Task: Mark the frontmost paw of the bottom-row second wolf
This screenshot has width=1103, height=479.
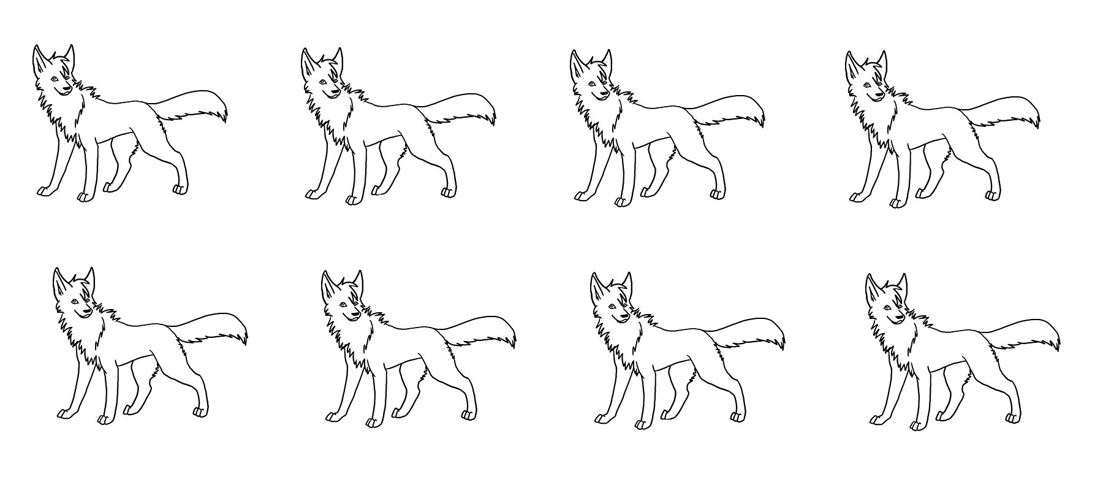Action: pos(332,417)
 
